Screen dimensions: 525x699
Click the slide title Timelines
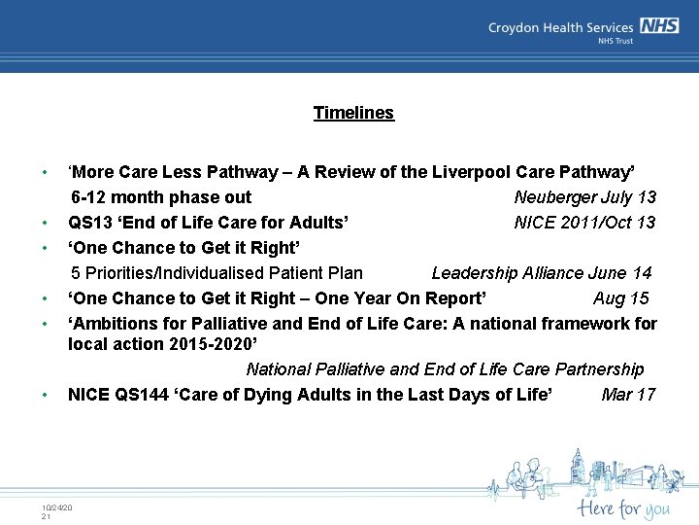click(x=353, y=113)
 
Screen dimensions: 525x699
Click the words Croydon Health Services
click(x=561, y=28)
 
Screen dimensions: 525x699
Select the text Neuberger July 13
click(x=584, y=197)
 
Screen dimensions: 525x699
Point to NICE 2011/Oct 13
click(x=584, y=223)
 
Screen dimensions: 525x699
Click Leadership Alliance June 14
click(x=541, y=273)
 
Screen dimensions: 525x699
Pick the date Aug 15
click(x=620, y=298)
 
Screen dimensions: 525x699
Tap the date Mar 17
click(x=628, y=394)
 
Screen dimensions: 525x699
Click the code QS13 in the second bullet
click(x=90, y=223)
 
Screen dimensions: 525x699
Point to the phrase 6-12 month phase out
click(x=161, y=197)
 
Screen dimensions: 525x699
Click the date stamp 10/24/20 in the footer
click(x=57, y=507)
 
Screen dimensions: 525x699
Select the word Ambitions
click(x=115, y=323)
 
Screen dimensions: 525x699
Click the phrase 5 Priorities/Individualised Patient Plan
click(x=216, y=273)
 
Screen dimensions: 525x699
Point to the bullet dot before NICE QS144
click(x=45, y=395)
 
